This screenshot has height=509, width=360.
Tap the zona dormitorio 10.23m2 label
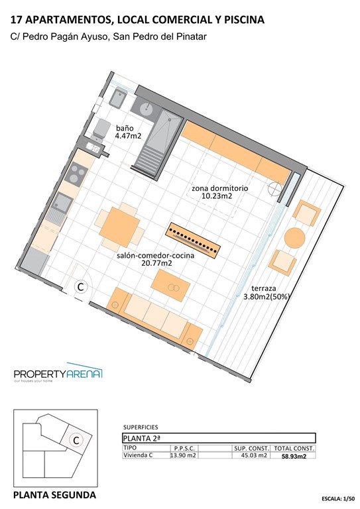pyautogui.click(x=220, y=192)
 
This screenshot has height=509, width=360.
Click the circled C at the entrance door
pyautogui.click(x=80, y=287)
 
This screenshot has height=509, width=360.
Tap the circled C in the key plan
pyautogui.click(x=76, y=439)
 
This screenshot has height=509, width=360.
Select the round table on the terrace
pyautogui.click(x=294, y=237)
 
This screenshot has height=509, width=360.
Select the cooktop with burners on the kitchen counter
pyautogui.click(x=76, y=174)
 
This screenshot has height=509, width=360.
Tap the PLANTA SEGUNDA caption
pyautogui.click(x=55, y=495)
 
